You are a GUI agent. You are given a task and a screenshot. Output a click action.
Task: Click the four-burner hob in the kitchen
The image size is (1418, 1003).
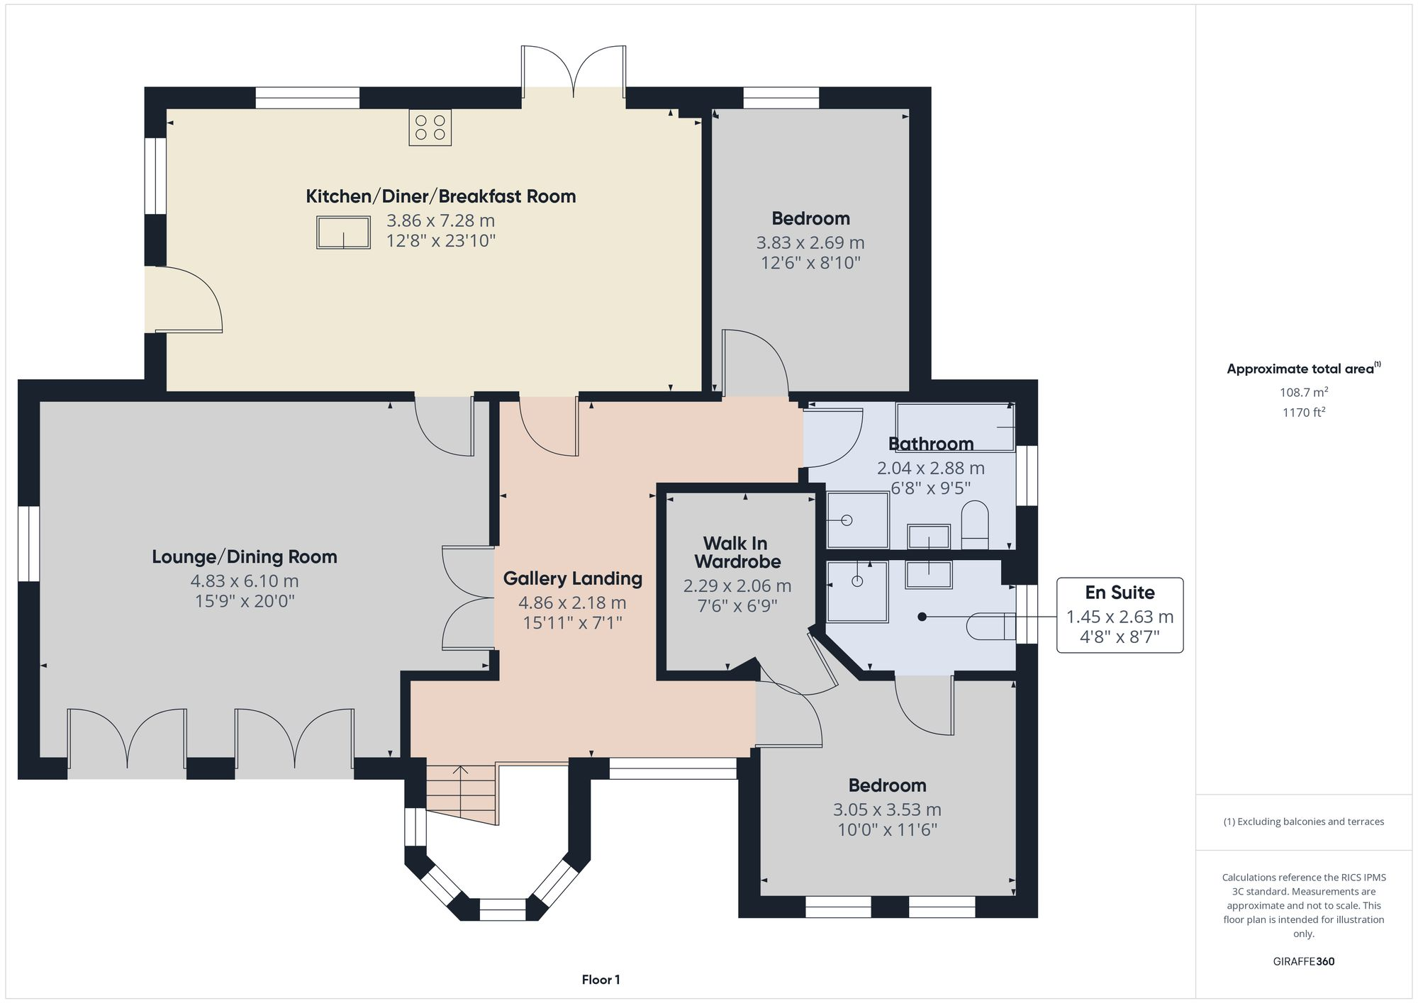(x=430, y=128)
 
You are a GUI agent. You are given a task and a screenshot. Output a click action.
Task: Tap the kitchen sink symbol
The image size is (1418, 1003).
(x=343, y=232)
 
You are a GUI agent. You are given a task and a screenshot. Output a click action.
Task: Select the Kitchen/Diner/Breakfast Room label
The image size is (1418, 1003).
(x=440, y=196)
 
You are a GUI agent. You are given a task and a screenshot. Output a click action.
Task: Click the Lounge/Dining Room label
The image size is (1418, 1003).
(x=245, y=556)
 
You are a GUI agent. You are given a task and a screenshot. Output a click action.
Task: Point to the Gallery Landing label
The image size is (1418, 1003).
(x=573, y=578)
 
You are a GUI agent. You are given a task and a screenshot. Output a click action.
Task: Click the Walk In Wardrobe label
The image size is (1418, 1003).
(x=737, y=552)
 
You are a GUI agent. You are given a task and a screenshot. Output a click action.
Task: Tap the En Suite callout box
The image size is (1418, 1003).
(x=1120, y=615)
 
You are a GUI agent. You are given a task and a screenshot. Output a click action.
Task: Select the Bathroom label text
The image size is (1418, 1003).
(x=931, y=444)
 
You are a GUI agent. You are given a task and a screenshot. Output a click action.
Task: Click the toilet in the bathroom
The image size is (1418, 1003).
(x=975, y=525)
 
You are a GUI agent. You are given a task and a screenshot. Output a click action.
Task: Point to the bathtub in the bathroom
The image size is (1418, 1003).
(x=955, y=427)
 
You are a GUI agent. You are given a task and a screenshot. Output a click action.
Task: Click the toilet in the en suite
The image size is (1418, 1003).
(x=991, y=626)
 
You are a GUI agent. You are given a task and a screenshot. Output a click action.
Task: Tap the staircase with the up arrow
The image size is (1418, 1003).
(x=462, y=794)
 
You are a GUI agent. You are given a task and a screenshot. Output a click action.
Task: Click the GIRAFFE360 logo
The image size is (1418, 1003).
(x=1303, y=961)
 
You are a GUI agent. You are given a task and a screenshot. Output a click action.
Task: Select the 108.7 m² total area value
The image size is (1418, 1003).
(x=1303, y=392)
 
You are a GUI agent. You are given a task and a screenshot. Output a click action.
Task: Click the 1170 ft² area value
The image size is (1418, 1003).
(x=1303, y=412)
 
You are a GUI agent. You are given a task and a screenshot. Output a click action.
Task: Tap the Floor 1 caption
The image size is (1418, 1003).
(x=601, y=980)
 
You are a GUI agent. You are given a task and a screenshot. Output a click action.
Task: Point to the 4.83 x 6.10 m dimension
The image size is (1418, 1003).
(x=245, y=581)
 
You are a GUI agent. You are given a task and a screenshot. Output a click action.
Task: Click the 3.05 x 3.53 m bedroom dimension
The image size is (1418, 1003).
(x=887, y=809)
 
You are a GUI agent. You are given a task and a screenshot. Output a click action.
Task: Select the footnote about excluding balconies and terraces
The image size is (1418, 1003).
(x=1303, y=822)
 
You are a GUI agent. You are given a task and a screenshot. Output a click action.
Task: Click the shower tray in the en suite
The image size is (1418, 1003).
(x=857, y=591)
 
